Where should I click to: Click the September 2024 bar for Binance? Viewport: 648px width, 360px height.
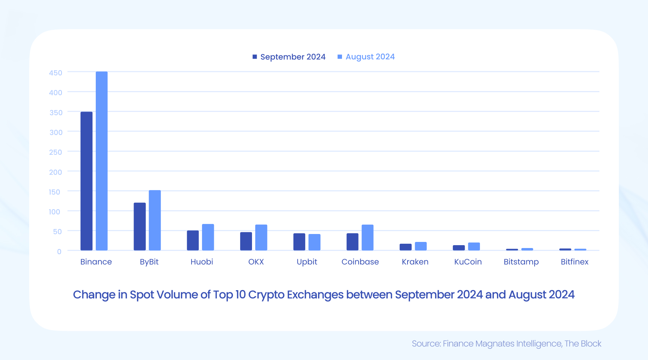[86, 181]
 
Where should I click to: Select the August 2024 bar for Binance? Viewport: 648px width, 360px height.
[102, 161]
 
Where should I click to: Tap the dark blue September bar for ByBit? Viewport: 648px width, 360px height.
[140, 226]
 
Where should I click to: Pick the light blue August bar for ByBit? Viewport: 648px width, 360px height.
[155, 220]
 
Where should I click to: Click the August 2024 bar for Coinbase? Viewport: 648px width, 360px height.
[368, 238]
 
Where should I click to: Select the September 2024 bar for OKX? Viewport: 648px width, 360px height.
[246, 241]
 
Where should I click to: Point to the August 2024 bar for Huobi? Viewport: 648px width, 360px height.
[208, 237]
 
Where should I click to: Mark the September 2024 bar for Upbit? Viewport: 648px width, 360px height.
[299, 242]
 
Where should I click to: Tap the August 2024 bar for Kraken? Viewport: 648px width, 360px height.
[421, 246]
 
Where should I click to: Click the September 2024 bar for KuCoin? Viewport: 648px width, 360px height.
[459, 248]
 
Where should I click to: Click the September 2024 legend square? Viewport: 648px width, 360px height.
[255, 57]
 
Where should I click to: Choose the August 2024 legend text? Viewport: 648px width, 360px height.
[370, 57]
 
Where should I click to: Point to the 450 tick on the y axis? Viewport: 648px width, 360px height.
[56, 73]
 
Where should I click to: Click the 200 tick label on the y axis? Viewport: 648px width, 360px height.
[56, 172]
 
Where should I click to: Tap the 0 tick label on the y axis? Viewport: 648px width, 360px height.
[59, 251]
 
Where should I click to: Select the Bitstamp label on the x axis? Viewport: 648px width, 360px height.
[521, 262]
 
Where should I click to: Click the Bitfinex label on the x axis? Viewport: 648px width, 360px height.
[574, 262]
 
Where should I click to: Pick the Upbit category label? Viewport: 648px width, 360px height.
[307, 262]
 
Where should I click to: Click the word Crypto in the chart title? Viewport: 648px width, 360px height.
[267, 295]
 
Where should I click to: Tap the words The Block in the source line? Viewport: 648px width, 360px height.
[583, 344]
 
